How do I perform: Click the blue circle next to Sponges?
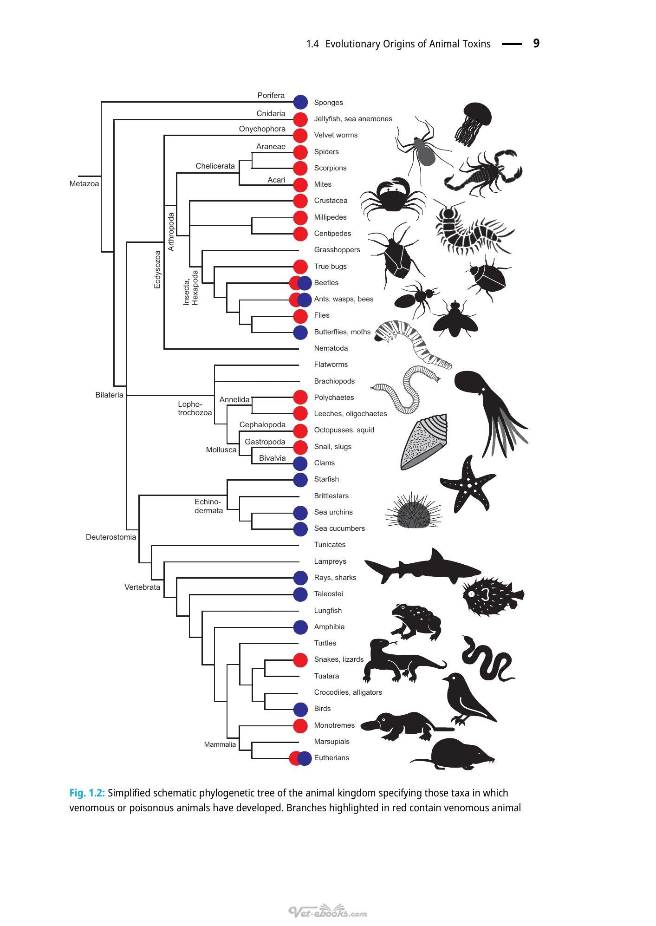tap(301, 102)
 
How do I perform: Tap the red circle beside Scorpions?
tap(300, 168)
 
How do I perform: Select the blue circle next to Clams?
tap(300, 463)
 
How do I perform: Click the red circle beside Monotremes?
tap(300, 725)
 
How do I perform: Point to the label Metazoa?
tap(84, 184)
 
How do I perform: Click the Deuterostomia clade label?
tap(111, 537)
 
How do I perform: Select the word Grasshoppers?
tap(337, 250)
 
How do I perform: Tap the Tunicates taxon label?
tap(330, 545)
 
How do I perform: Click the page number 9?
tap(536, 44)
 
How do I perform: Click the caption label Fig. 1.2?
tap(87, 793)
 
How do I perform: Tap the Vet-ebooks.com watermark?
tap(328, 912)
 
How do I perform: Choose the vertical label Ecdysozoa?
tap(157, 270)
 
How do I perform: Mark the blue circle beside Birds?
tap(300, 709)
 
